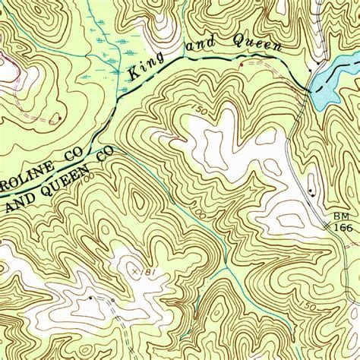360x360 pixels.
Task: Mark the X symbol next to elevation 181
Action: [x=134, y=270]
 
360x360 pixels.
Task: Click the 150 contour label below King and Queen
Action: [x=199, y=111]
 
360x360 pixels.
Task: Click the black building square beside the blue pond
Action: [x=311, y=70]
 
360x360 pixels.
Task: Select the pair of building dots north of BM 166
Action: [x=311, y=188]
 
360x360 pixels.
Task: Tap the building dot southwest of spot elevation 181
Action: [x=90, y=298]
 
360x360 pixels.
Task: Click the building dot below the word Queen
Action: [x=242, y=65]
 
